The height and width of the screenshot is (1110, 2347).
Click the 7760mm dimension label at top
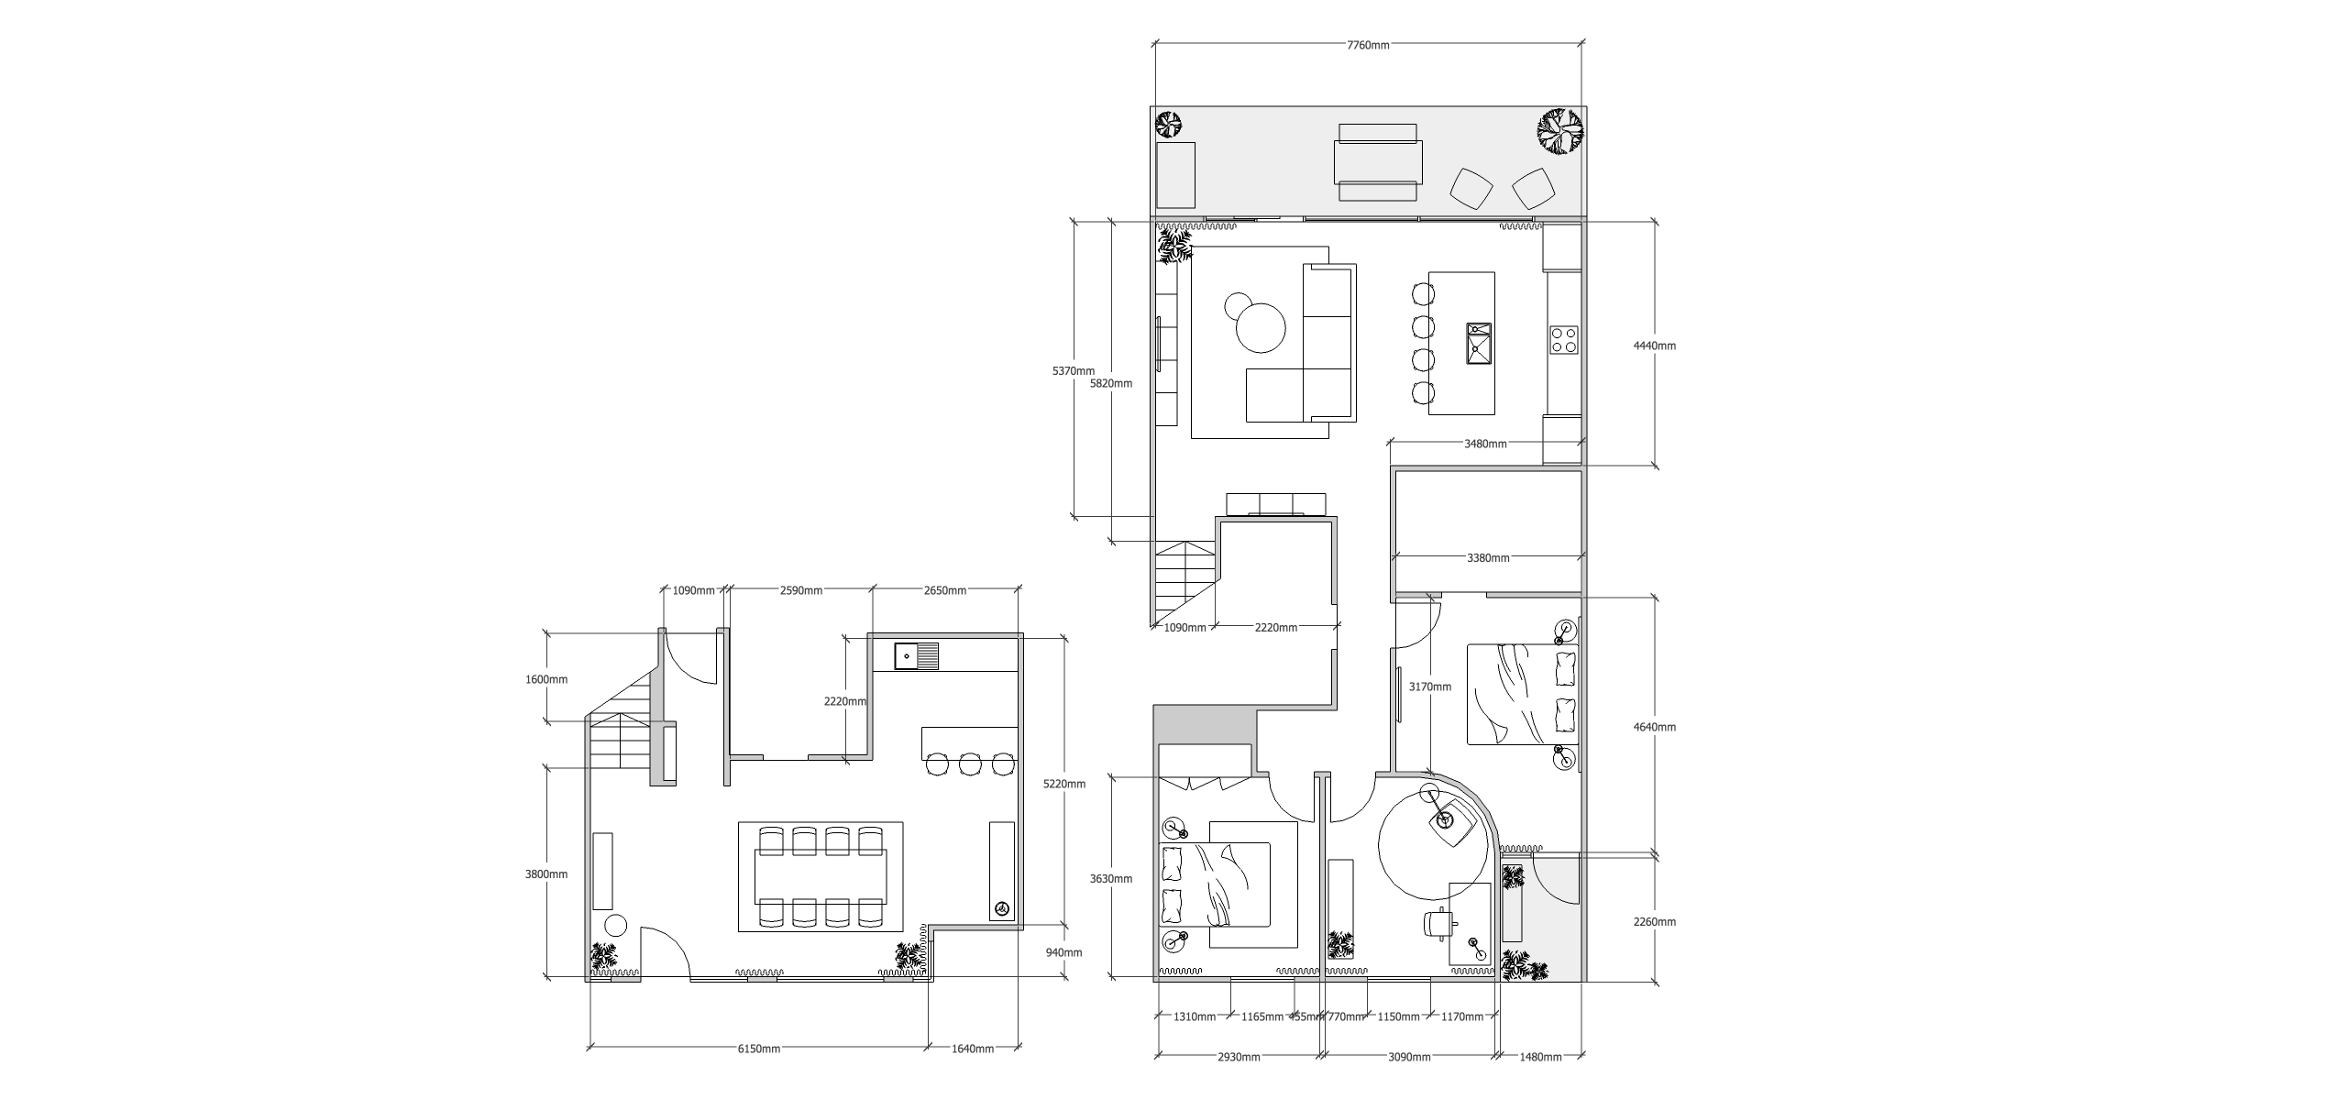[x=1368, y=45]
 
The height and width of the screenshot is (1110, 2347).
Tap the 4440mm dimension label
[x=1655, y=346]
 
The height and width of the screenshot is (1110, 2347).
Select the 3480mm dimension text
[x=1485, y=444]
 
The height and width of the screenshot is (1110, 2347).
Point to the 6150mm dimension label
[x=758, y=1049]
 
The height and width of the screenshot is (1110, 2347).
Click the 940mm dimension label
[x=1063, y=952]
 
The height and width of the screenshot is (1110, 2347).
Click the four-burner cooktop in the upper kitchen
[x=1563, y=341]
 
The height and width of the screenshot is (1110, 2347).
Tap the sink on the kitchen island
[x=1479, y=343]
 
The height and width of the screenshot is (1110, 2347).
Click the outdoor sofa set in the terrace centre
[x=1377, y=163]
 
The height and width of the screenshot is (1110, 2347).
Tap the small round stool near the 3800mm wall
[x=615, y=925]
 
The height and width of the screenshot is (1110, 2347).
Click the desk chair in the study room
[x=1437, y=925]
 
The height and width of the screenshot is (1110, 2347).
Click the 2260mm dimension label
[x=1655, y=922]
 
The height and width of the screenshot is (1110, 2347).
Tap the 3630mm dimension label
[x=1110, y=878]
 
